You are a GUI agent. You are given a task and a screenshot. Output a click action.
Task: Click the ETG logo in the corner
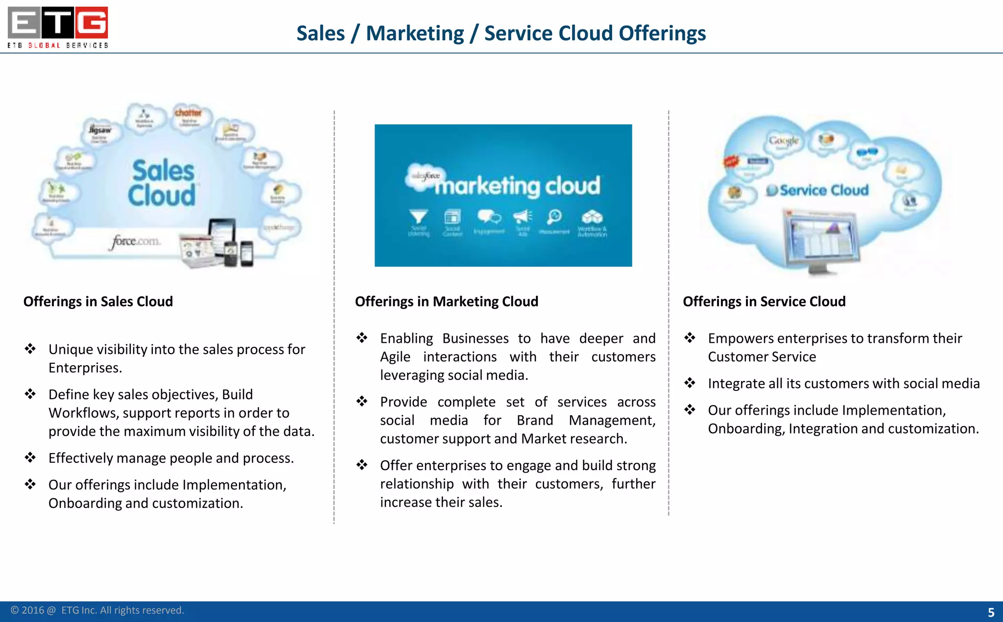click(x=58, y=27)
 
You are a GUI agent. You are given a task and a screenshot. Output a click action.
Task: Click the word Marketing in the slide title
click(x=415, y=33)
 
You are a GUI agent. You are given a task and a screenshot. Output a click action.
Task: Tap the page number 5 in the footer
click(x=991, y=612)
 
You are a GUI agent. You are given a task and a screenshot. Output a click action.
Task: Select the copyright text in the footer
click(x=97, y=610)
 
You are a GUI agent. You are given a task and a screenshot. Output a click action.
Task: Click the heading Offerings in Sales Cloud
click(x=98, y=301)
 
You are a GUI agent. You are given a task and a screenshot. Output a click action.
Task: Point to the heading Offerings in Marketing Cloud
click(x=446, y=301)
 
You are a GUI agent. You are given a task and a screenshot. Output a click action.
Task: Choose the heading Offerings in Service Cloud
click(x=764, y=301)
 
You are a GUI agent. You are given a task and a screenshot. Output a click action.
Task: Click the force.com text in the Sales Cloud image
click(x=136, y=241)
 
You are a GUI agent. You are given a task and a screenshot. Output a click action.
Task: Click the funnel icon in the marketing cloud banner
click(x=419, y=216)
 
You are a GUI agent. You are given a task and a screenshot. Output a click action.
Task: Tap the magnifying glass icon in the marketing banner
click(x=554, y=216)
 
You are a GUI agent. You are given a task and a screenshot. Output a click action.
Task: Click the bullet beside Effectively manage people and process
click(x=30, y=457)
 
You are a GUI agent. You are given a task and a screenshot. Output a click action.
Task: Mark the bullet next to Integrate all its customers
click(x=690, y=383)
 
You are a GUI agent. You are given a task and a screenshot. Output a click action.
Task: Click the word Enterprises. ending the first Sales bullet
click(x=85, y=368)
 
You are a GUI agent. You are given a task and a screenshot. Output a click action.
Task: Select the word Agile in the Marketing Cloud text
click(x=395, y=357)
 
